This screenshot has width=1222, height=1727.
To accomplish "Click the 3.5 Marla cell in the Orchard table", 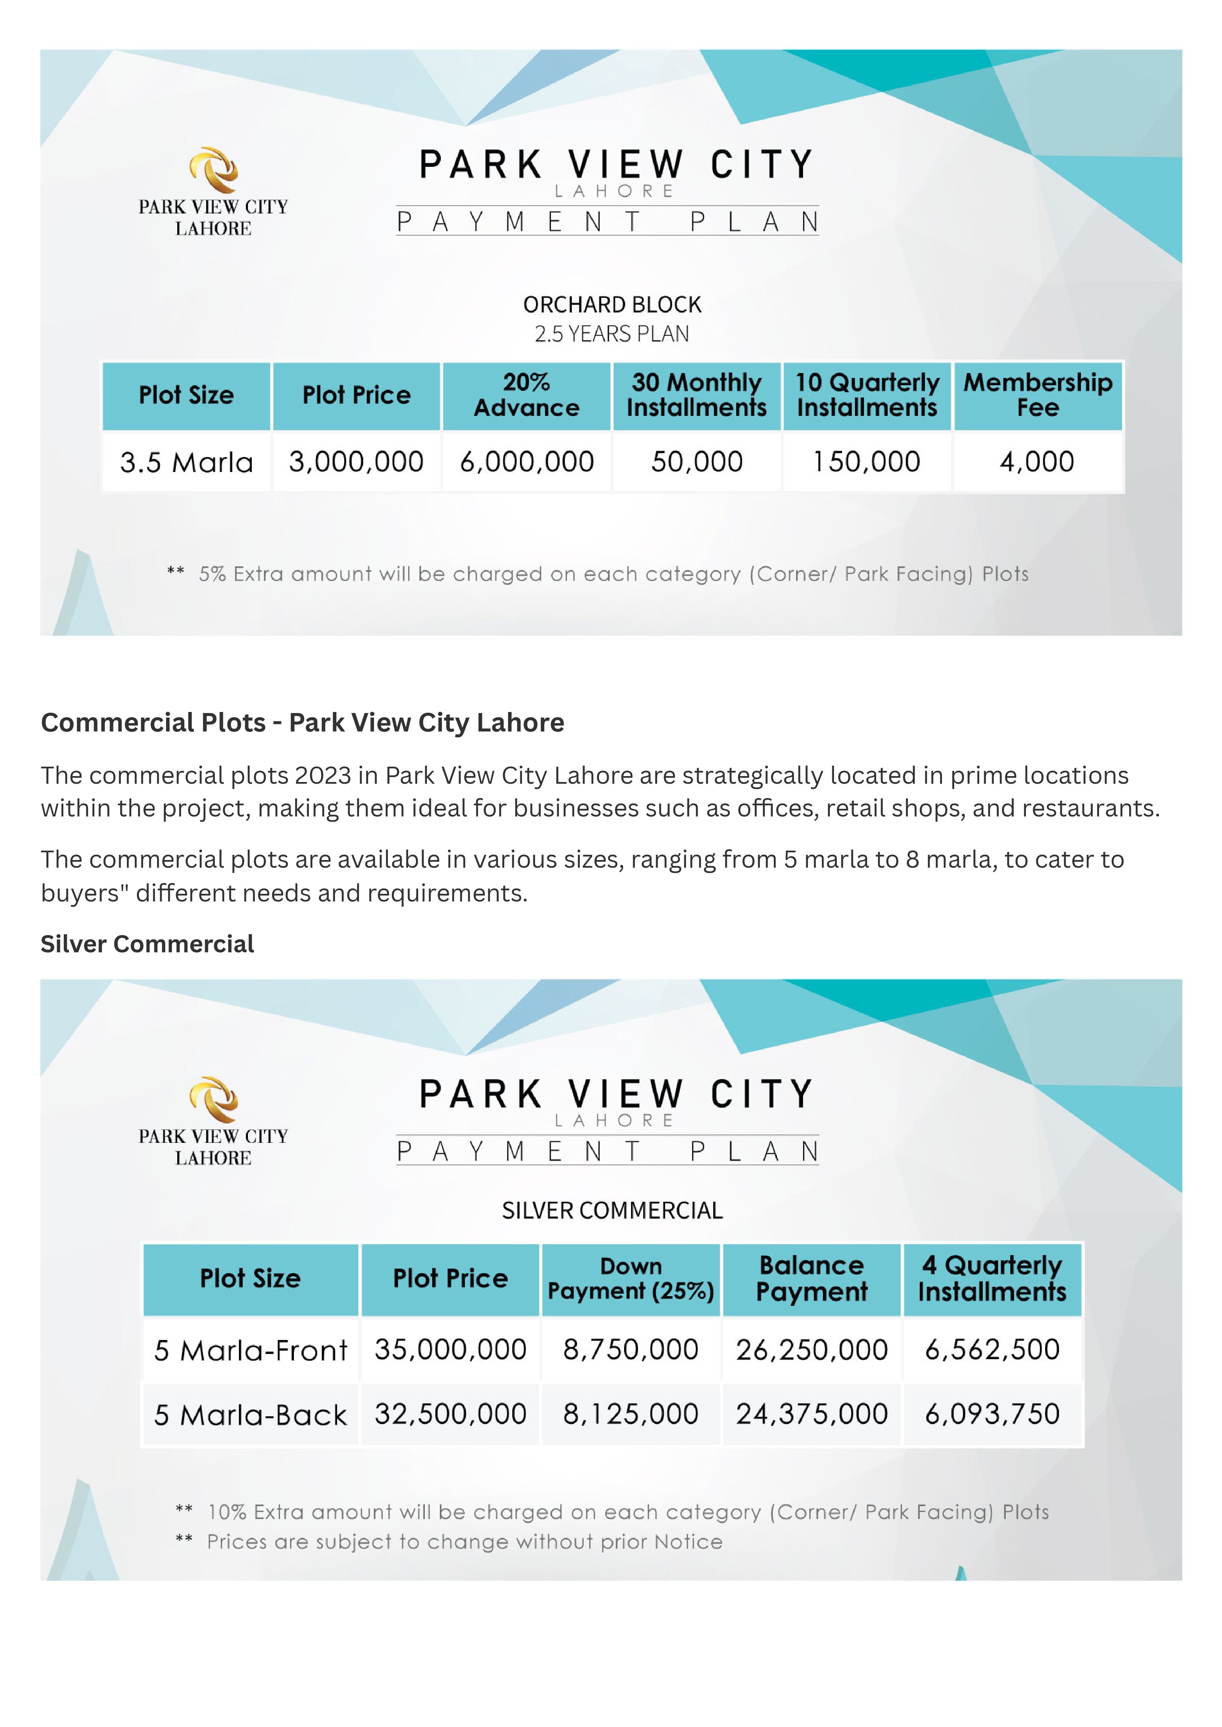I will click(187, 462).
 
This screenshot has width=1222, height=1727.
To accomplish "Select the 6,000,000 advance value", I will click(527, 462).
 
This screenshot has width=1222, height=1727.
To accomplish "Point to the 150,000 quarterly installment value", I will click(867, 462).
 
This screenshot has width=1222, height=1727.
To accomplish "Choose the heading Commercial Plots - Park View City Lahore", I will click(303, 722).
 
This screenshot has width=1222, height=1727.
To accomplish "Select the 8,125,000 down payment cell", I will click(631, 1414).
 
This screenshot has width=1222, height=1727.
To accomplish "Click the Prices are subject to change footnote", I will click(464, 1542).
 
